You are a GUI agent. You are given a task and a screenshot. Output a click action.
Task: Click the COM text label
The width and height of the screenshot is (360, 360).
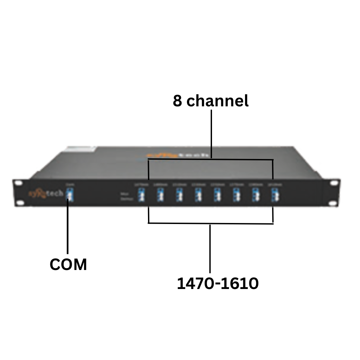[x=68, y=265]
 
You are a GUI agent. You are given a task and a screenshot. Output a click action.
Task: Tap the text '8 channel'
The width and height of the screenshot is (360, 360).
[x=211, y=101]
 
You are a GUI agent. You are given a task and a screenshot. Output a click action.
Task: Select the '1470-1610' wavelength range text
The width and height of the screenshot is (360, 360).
[x=218, y=284]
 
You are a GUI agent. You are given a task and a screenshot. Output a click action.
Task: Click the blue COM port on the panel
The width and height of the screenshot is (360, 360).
[x=69, y=195]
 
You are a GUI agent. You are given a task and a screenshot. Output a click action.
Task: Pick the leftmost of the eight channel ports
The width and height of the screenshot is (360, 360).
[x=141, y=195]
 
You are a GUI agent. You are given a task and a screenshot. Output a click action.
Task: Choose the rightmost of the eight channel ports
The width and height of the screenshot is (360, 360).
[x=275, y=195]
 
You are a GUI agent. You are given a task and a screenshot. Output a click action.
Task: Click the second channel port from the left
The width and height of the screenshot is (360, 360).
[x=160, y=195]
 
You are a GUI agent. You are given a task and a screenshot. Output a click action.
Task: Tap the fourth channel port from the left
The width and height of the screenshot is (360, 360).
[x=199, y=195]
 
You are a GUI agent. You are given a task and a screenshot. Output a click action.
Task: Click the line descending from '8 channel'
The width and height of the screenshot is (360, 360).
[x=211, y=133]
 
